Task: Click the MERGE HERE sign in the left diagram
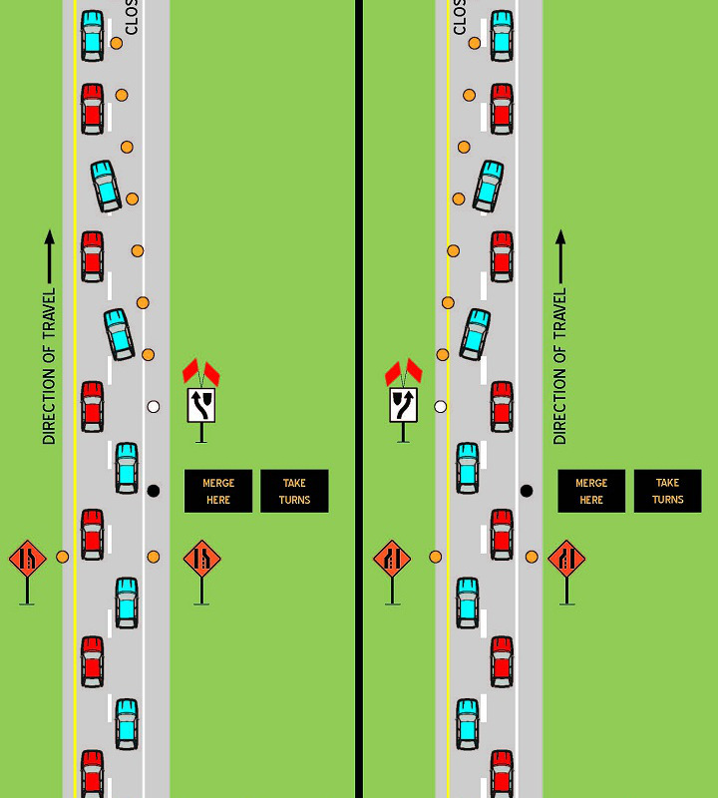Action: coord(218,491)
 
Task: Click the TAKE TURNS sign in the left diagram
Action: coord(294,491)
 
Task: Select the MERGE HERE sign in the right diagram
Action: coord(591,491)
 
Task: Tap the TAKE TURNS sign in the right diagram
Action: coord(667,491)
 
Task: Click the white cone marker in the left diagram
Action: coord(153,406)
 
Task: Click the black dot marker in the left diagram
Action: coord(153,490)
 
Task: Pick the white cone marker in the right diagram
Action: coord(440,406)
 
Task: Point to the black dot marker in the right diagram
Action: coord(527,490)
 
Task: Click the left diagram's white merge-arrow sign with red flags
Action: coord(201,404)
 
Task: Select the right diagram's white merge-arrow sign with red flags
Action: coord(403,404)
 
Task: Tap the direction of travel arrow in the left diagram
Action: coord(49,256)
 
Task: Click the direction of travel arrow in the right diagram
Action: coord(560,256)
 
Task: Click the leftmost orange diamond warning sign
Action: coord(27,559)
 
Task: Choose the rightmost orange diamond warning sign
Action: coord(566,559)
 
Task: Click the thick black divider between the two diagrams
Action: coord(358,399)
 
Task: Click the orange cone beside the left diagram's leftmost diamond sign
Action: coord(62,557)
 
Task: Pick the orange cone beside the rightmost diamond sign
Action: coord(532,557)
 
